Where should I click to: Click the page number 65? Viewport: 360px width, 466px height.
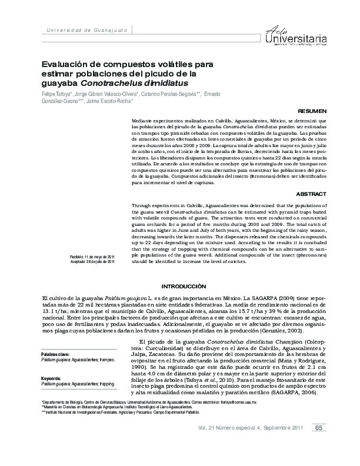pos(318,444)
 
